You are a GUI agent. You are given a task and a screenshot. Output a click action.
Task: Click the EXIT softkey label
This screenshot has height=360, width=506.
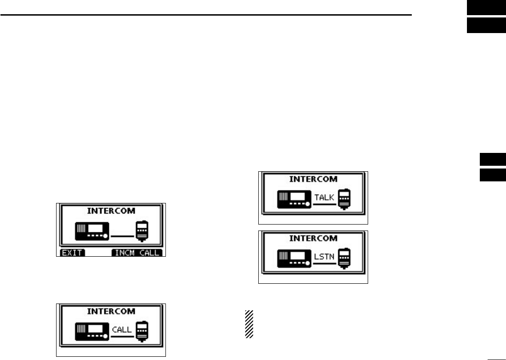(x=71, y=253)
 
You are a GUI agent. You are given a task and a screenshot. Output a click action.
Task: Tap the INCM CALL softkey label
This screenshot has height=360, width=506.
(x=138, y=253)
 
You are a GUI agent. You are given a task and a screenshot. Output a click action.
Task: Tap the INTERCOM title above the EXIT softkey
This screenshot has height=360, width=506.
(x=112, y=211)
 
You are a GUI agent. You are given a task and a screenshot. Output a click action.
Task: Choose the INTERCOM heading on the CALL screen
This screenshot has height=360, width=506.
(x=112, y=311)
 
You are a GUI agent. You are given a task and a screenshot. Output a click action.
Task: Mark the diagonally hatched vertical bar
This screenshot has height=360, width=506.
(x=250, y=325)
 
